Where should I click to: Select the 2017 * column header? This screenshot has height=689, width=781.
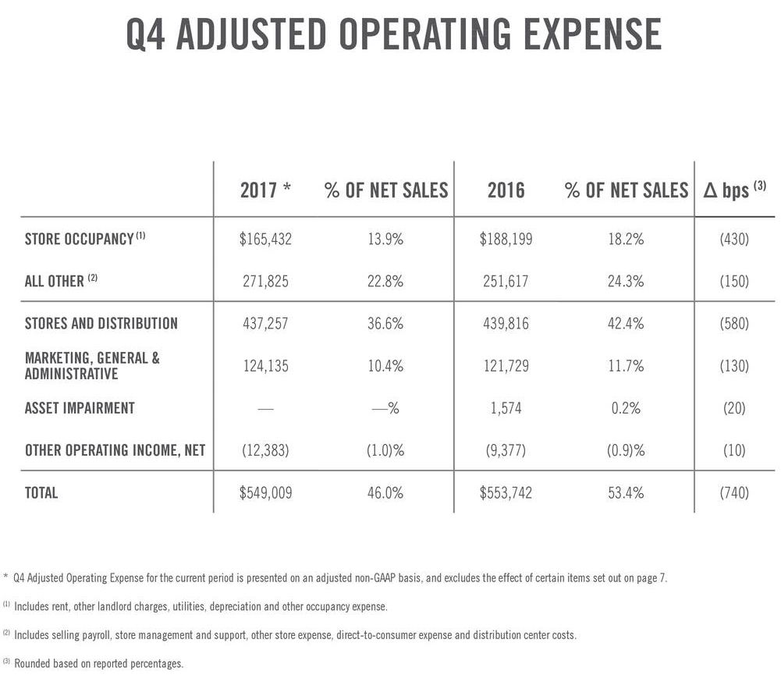click(x=265, y=190)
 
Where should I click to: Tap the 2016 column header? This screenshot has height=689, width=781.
click(x=506, y=190)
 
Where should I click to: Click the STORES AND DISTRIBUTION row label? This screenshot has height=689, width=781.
click(x=101, y=323)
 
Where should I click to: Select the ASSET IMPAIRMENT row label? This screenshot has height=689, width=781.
click(x=80, y=408)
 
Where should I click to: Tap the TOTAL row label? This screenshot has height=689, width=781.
click(x=41, y=493)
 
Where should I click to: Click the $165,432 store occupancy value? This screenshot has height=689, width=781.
click(x=265, y=240)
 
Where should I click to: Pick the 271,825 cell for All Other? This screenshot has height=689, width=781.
click(x=265, y=281)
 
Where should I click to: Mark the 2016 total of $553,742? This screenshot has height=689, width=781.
click(x=506, y=493)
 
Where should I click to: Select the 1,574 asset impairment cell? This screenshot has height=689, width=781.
click(x=506, y=408)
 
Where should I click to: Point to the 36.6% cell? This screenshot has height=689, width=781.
click(x=385, y=323)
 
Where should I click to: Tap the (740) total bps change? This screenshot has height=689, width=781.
click(x=733, y=493)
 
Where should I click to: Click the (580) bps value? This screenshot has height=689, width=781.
click(x=733, y=323)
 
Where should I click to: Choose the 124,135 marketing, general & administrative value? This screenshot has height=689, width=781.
click(x=265, y=366)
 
